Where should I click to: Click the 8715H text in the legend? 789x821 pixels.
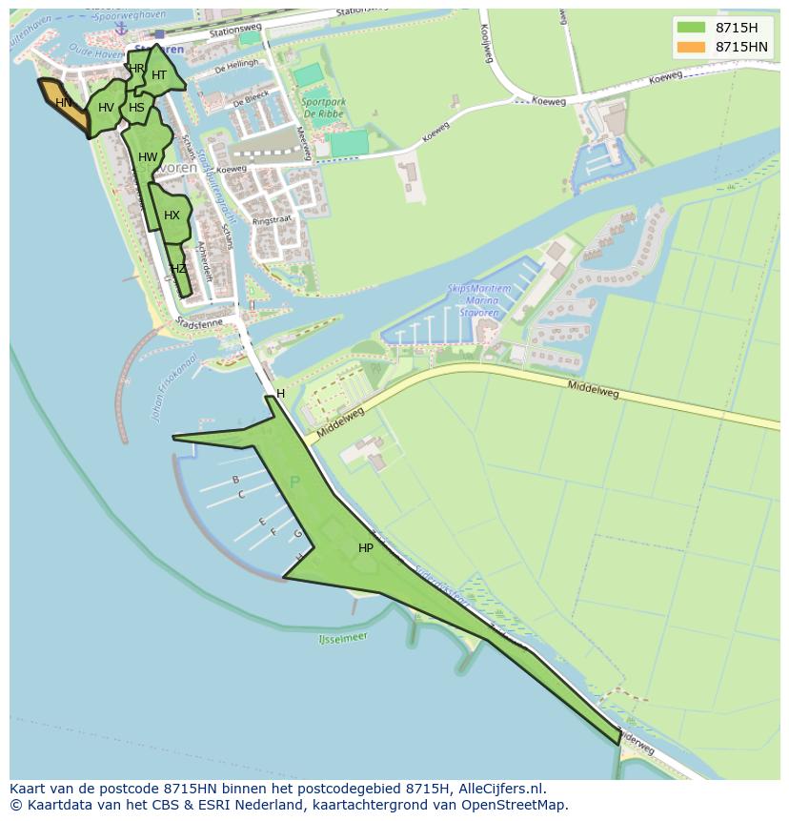tap(737, 28)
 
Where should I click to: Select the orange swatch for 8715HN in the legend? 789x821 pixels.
tap(691, 47)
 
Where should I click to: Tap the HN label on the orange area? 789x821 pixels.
tap(63, 103)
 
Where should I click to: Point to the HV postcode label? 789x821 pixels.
tap(106, 108)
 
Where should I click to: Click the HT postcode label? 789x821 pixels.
tap(159, 75)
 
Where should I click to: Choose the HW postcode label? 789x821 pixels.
tap(148, 157)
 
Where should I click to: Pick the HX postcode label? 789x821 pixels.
tap(172, 216)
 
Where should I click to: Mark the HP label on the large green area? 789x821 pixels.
tap(366, 548)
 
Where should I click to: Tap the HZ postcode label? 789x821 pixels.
tap(178, 269)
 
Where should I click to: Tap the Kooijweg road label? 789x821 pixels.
tap(486, 43)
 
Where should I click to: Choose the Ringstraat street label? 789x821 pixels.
tap(272, 220)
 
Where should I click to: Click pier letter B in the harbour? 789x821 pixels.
tap(235, 480)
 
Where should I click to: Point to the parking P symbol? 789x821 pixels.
tap(294, 482)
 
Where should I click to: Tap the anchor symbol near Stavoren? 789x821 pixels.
tap(121, 30)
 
